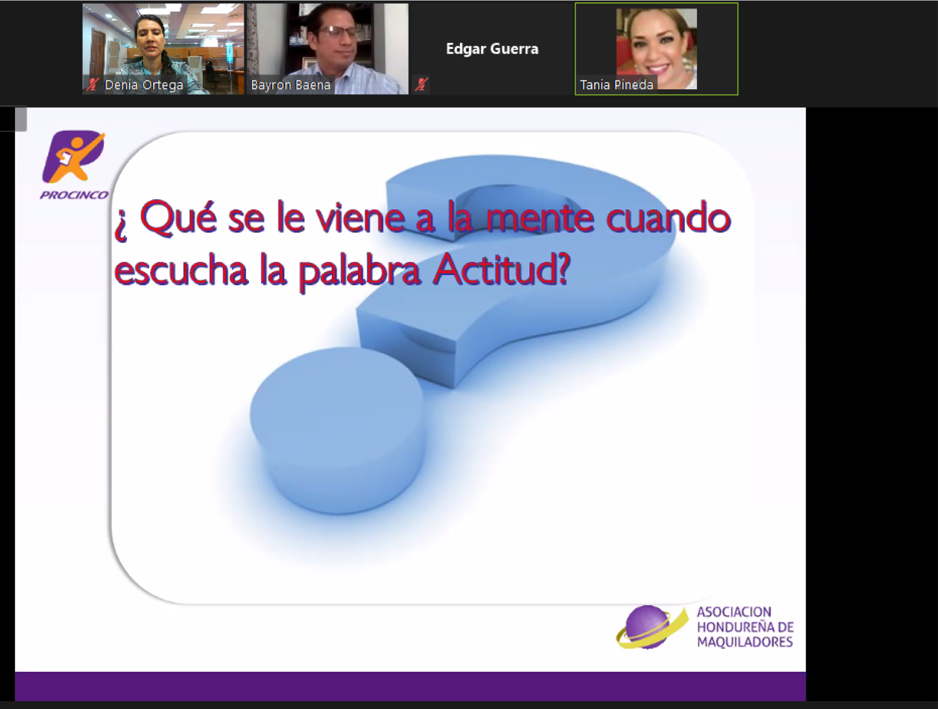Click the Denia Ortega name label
click(x=144, y=85)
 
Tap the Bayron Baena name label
click(x=291, y=85)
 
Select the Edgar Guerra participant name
click(x=492, y=49)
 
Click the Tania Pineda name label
click(x=616, y=85)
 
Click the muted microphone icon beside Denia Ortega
click(x=92, y=84)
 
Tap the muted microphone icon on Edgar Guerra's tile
click(x=421, y=84)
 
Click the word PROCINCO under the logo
click(x=74, y=195)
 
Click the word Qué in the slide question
click(x=178, y=219)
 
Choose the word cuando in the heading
click(x=668, y=219)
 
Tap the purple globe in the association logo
click(x=647, y=626)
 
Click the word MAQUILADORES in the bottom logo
click(x=745, y=642)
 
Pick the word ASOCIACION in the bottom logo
click(x=734, y=612)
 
